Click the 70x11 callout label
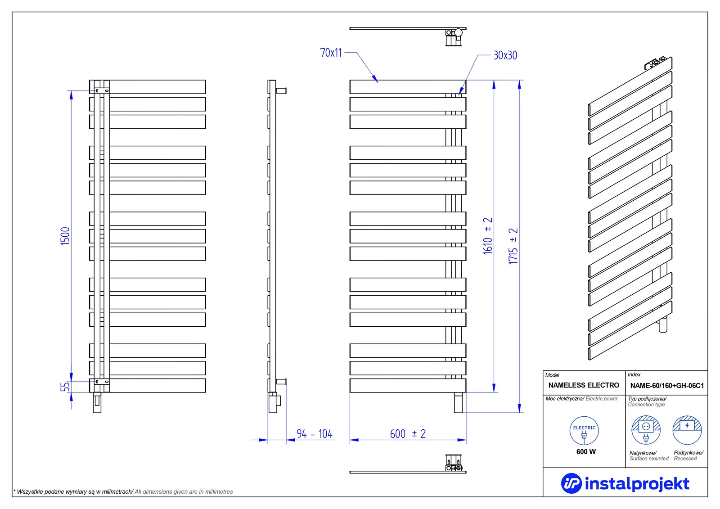click(x=331, y=53)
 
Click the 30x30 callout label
click(x=505, y=55)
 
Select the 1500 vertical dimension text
click(x=65, y=236)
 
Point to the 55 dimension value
click(x=65, y=387)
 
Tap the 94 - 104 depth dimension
click(x=315, y=434)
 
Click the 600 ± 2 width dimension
click(x=408, y=434)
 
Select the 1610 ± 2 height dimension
click(x=488, y=236)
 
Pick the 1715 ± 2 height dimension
click(x=513, y=246)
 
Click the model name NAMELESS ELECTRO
click(x=584, y=385)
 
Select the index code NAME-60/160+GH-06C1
click(x=667, y=386)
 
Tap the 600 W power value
click(x=586, y=452)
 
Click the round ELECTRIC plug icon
click(x=584, y=431)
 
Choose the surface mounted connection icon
click(x=646, y=430)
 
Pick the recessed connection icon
click(x=687, y=430)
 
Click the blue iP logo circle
click(x=571, y=483)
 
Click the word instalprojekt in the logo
click(x=637, y=484)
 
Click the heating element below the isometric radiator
click(x=663, y=325)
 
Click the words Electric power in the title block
click(x=602, y=399)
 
